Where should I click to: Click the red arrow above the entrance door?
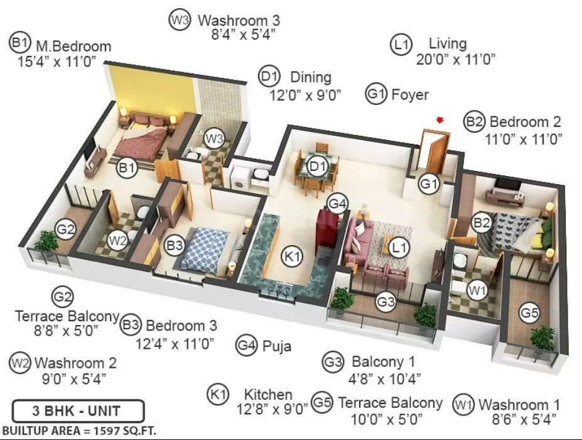(441, 119)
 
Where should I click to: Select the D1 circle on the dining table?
(319, 167)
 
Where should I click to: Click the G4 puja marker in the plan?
(337, 204)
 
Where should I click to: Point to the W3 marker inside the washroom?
(215, 138)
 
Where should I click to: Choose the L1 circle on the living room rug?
(397, 248)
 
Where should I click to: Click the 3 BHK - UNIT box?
(78, 412)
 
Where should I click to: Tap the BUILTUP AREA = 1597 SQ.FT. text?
(78, 431)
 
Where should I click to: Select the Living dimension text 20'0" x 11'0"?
(456, 60)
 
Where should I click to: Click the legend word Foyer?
(409, 95)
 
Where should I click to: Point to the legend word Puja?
(277, 345)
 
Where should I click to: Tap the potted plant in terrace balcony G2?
(46, 241)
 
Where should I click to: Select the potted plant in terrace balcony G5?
(542, 338)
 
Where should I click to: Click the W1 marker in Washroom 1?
(478, 290)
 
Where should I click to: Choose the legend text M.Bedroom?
(73, 46)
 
